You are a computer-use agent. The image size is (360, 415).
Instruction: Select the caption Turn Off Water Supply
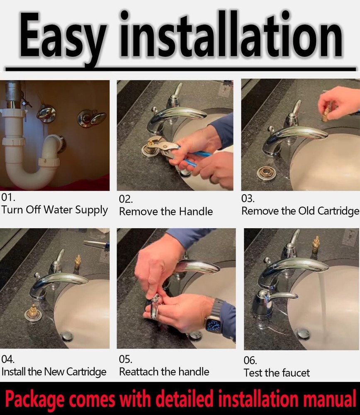pyautogui.click(x=54, y=210)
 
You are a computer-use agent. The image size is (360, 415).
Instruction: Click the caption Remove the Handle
pyautogui.click(x=166, y=211)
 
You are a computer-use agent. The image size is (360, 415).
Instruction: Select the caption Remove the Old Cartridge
pyautogui.click(x=300, y=211)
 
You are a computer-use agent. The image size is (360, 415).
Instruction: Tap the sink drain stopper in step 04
pyautogui.click(x=67, y=336)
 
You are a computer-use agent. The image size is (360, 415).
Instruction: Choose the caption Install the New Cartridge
pyautogui.click(x=54, y=371)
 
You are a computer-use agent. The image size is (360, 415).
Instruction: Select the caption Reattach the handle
pyautogui.click(x=164, y=371)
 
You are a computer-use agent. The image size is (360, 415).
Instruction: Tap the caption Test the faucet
pyautogui.click(x=277, y=373)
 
